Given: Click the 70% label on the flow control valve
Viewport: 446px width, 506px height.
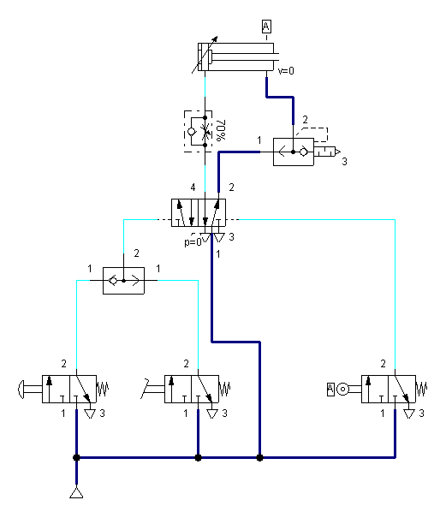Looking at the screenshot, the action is pyautogui.click(x=221, y=130).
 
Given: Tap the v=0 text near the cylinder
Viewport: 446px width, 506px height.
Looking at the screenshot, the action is pyautogui.click(x=286, y=71).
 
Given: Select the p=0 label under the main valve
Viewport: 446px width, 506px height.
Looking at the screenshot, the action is pyautogui.click(x=193, y=241).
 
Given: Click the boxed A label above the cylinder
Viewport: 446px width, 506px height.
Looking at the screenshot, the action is pyautogui.click(x=266, y=27).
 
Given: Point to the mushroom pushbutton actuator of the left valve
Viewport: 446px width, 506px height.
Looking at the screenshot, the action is pyautogui.click(x=21, y=390).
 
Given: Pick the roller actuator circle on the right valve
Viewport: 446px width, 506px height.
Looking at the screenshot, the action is pyautogui.click(x=342, y=389).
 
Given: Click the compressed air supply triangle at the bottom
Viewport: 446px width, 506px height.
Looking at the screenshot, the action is pyautogui.click(x=76, y=493).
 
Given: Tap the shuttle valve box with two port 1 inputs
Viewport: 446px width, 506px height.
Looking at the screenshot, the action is pyautogui.click(x=123, y=281).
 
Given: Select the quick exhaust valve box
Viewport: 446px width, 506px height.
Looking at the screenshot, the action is pyautogui.click(x=294, y=152).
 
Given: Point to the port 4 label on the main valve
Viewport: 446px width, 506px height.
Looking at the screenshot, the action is pyautogui.click(x=193, y=188).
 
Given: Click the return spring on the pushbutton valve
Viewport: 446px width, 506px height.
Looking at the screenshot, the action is pyautogui.click(x=103, y=389).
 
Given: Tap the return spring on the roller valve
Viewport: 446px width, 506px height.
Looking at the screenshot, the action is pyautogui.click(x=421, y=389).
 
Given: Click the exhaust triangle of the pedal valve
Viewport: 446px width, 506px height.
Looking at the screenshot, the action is pyautogui.click(x=212, y=414).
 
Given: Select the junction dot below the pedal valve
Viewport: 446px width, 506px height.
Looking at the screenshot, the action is pyautogui.click(x=198, y=457).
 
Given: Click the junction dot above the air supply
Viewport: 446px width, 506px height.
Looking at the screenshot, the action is pyautogui.click(x=76, y=457).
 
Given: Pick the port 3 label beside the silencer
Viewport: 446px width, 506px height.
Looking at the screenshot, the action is pyautogui.click(x=345, y=161).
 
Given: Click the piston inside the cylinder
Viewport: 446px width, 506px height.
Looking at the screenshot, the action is pyautogui.click(x=210, y=57).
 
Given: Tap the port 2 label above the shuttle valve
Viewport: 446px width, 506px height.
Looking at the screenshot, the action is pyautogui.click(x=136, y=253).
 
